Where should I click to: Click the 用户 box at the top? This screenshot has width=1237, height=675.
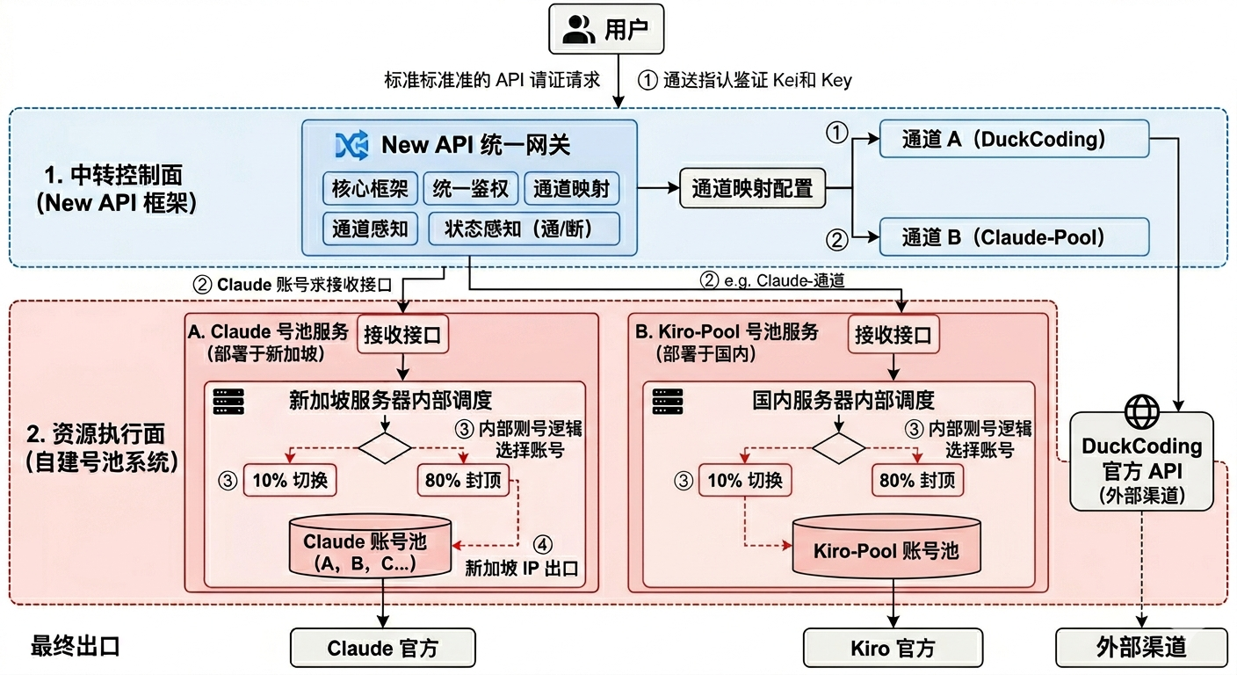[x=606, y=28]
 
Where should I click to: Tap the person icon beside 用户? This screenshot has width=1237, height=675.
[x=579, y=29]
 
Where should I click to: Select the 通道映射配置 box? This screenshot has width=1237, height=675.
[x=752, y=188]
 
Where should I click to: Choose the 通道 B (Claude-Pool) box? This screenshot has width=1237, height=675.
[x=1014, y=236]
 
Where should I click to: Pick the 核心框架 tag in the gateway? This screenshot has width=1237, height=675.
[x=370, y=189]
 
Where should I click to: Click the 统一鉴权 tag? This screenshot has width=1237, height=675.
[x=471, y=189]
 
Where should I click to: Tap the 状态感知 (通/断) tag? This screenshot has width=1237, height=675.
[x=524, y=229]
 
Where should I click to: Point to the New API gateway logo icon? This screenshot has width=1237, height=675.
[x=351, y=146]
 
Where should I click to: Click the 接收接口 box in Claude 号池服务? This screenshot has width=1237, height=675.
[x=402, y=334]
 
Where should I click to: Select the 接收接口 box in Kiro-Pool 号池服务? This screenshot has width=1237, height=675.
[x=893, y=334]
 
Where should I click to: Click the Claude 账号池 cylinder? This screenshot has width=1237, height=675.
[x=372, y=547]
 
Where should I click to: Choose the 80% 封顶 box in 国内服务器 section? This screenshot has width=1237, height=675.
[x=917, y=481]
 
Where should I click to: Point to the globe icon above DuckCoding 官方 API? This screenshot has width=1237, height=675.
[x=1141, y=411]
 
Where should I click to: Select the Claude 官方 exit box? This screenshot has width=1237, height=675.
[x=383, y=649]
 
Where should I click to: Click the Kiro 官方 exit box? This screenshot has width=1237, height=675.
[x=893, y=649]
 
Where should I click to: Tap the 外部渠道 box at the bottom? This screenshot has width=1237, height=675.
[x=1141, y=649]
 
